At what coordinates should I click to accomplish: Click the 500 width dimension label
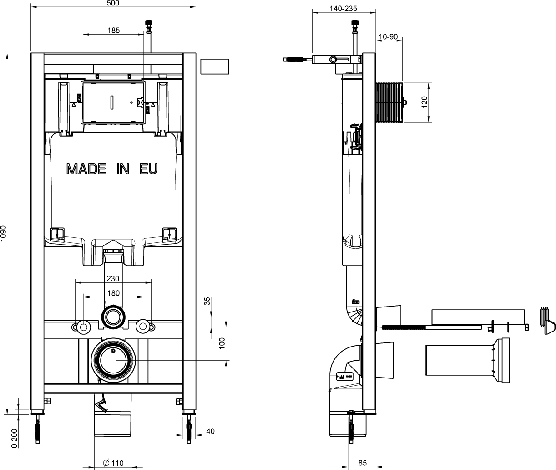[113, 3]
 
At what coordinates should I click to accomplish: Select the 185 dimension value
[113, 31]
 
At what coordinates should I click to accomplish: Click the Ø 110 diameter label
[113, 463]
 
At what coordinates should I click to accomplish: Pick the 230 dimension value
[113, 279]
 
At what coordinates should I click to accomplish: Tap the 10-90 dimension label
[387, 36]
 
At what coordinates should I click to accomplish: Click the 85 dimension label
[362, 463]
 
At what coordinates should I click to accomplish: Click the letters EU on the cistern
[148, 169]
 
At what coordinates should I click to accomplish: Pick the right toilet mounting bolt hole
[143, 326]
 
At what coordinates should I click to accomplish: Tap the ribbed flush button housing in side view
[390, 102]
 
